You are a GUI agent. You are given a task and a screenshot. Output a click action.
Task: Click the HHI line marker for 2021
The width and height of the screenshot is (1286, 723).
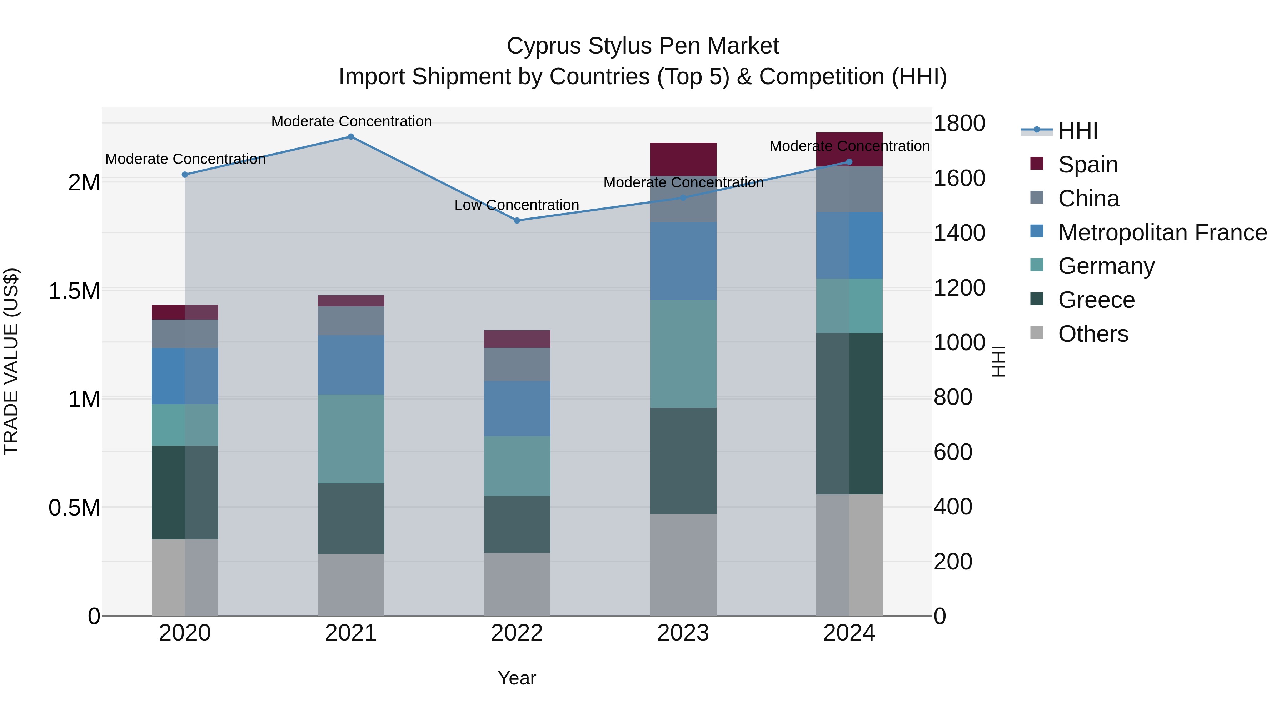pos(351,137)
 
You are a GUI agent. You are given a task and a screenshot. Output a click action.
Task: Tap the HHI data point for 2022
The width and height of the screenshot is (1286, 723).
pos(517,221)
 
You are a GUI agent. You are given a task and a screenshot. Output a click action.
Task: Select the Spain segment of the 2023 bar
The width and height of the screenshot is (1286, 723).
pos(683,159)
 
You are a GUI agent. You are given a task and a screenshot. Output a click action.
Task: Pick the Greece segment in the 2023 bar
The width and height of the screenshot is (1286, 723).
pos(683,461)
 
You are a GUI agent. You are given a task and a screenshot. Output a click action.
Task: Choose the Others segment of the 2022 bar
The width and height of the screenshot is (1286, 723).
pos(517,584)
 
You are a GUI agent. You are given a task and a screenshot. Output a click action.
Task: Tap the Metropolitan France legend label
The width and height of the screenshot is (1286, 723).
pos(1162,232)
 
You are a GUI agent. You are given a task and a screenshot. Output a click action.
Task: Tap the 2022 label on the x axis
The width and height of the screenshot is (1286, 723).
pos(517,633)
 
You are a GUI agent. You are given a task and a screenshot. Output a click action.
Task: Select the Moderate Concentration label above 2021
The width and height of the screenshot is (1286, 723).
pos(351,121)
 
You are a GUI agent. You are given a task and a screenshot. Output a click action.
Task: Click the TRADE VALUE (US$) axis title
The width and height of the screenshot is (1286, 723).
pos(11,361)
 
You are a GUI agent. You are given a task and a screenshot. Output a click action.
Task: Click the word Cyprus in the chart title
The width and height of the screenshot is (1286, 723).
pos(544,46)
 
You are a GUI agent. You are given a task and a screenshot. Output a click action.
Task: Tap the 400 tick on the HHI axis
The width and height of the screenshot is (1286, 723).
pos(952,507)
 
